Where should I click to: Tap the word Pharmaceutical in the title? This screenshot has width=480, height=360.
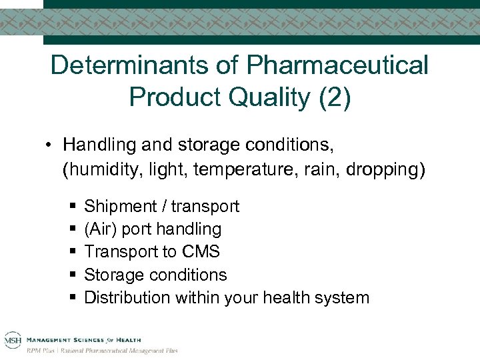(x=337, y=65)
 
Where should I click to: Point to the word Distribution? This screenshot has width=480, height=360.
(x=127, y=297)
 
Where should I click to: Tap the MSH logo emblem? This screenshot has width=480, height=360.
(x=11, y=339)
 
